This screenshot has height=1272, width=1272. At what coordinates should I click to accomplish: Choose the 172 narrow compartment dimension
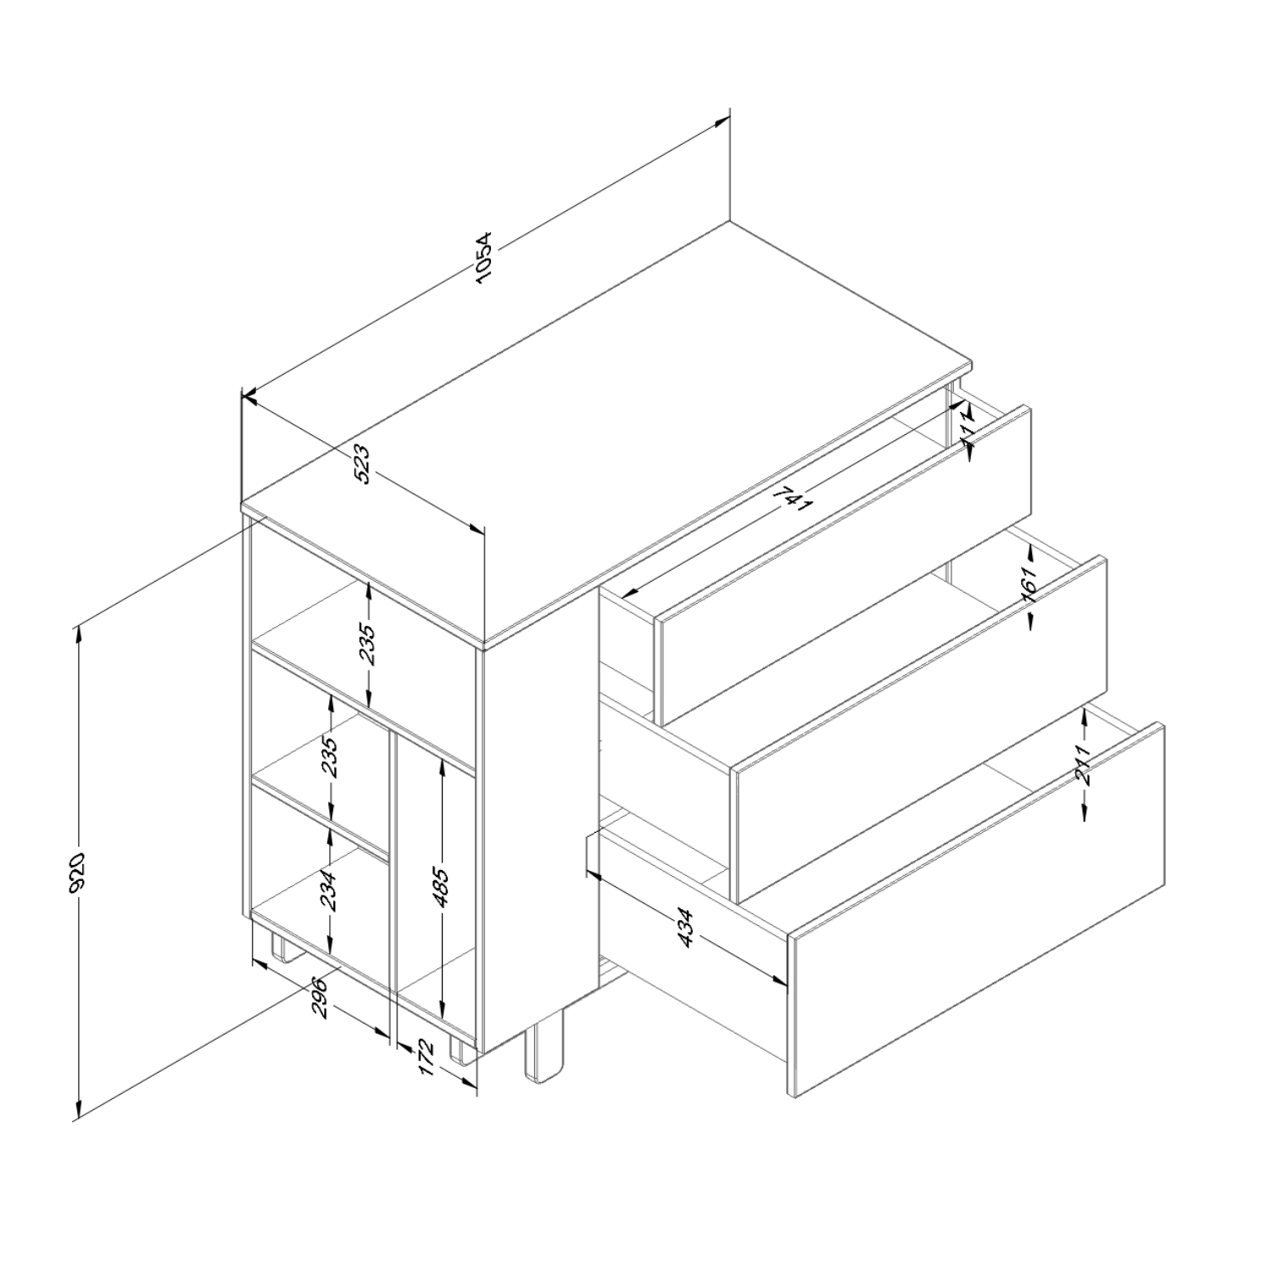coord(426,1058)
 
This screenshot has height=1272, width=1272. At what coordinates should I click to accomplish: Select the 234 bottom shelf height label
coord(331,891)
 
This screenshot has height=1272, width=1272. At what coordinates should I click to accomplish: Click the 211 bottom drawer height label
coord(1085,766)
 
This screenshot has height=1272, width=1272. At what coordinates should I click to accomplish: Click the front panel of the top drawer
coord(846,566)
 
